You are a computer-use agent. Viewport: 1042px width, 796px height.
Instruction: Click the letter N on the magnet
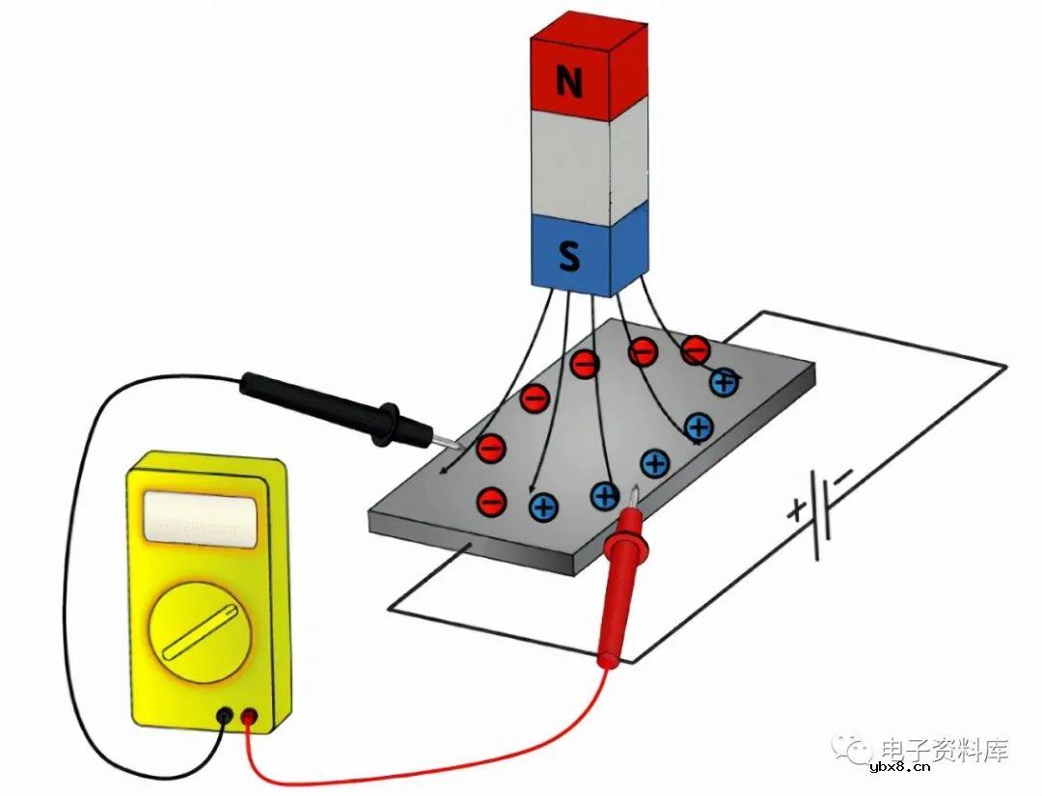[569, 81]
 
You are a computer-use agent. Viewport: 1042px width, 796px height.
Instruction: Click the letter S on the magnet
[569, 256]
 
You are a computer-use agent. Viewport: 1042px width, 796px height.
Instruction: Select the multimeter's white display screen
[201, 519]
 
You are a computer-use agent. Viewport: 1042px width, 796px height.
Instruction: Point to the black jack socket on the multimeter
[225, 716]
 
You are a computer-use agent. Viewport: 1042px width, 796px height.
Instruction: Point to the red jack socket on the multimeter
[249, 716]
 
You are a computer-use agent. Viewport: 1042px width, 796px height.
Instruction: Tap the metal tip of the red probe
[635, 498]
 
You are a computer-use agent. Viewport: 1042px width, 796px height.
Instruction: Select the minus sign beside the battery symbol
[843, 477]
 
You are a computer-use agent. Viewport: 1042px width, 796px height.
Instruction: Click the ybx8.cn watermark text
[900, 768]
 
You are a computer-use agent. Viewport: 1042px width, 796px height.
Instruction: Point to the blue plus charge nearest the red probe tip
[605, 496]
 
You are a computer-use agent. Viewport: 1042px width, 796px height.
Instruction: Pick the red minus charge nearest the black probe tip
[491, 449]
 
